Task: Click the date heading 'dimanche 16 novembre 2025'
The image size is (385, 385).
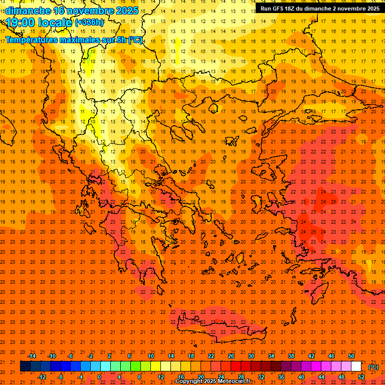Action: point(70,11)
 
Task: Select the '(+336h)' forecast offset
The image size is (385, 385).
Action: point(89,23)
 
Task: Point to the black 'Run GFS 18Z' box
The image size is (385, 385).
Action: point(319,9)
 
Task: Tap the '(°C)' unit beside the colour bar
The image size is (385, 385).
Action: point(373,366)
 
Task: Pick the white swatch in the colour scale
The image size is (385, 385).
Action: point(356,366)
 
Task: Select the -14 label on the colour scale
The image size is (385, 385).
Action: point(32,356)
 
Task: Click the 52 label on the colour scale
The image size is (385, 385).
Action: point(361,376)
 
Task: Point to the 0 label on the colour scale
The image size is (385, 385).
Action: point(99,376)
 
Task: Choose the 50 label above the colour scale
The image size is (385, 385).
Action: point(351,356)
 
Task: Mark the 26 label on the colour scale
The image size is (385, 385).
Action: point(231,356)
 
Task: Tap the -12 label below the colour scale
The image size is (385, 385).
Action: point(42,376)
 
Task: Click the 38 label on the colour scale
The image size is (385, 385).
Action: point(291,356)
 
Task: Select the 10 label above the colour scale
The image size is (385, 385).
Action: point(151,356)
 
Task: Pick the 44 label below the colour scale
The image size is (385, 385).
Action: point(321,376)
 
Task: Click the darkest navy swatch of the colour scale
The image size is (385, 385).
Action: point(25,366)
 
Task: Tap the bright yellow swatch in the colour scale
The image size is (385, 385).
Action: point(155,366)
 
